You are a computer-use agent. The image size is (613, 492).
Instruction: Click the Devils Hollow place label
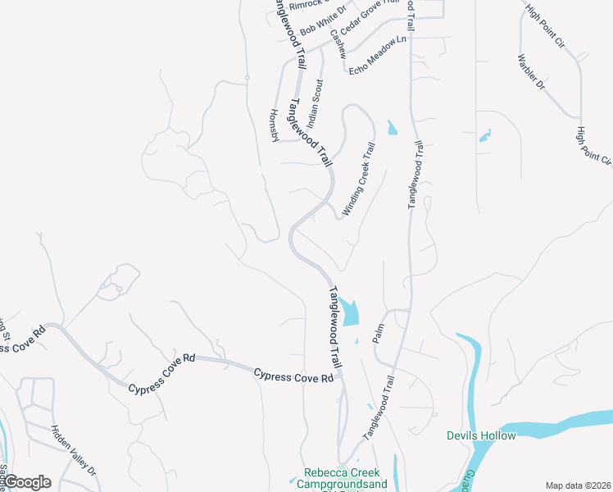point(481,435)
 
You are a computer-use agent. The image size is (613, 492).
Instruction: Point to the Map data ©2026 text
point(577,485)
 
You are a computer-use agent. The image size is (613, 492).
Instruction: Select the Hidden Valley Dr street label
point(74,450)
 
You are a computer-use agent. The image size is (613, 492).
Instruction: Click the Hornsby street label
point(275,125)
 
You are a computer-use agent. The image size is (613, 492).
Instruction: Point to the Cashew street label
point(339,45)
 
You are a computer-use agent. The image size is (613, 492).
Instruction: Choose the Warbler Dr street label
point(531,72)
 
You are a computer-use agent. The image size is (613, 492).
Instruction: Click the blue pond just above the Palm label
point(351,312)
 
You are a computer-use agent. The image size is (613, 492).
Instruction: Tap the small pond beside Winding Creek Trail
point(391,128)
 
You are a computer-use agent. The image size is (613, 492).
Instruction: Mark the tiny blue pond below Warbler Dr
point(485,134)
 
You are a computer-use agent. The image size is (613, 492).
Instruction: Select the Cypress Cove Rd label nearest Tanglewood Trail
point(294,376)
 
